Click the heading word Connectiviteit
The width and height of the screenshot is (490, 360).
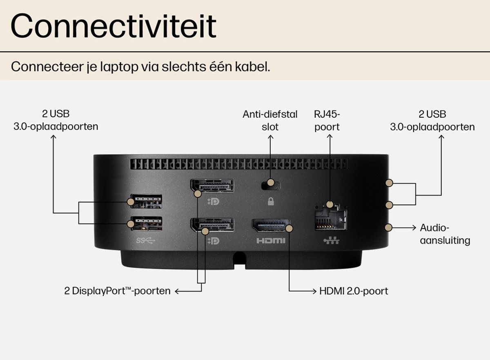pos(114,26)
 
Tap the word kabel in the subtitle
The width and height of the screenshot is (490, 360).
pos(252,67)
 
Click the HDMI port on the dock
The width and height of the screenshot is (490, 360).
pos(271,226)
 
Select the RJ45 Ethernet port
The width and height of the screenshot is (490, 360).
pos(331,217)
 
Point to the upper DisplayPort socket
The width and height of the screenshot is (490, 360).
pos(212,186)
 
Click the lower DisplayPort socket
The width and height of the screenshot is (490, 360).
pos(212,225)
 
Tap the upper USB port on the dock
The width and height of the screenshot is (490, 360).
pos(146,201)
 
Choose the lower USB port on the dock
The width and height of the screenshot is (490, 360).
pos(147,224)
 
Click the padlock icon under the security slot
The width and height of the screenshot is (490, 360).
pos(271,201)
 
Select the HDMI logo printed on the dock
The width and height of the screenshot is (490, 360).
pos(271,241)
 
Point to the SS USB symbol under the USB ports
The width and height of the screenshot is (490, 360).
pos(146,241)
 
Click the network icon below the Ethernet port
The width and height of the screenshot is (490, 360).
pos(332,241)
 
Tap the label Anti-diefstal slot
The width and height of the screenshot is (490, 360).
pos(270,121)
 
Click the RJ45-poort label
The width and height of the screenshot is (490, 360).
pos(327,121)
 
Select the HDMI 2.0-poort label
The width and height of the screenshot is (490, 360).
pos(354,291)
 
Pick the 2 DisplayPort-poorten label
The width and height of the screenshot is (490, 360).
pos(117,291)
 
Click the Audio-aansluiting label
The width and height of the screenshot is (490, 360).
pos(445,234)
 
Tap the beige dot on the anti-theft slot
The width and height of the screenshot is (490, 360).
pos(271,182)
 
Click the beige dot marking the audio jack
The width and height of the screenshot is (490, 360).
pos(388,228)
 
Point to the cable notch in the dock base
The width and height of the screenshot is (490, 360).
pos(240,260)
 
